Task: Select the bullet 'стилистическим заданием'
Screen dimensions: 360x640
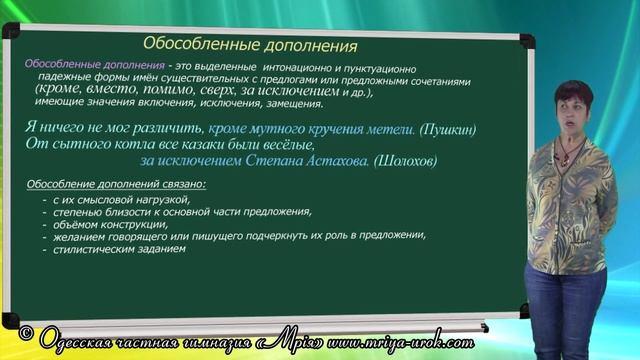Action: (x=122, y=249)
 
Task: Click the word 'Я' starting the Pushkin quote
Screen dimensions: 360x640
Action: (x=28, y=128)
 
